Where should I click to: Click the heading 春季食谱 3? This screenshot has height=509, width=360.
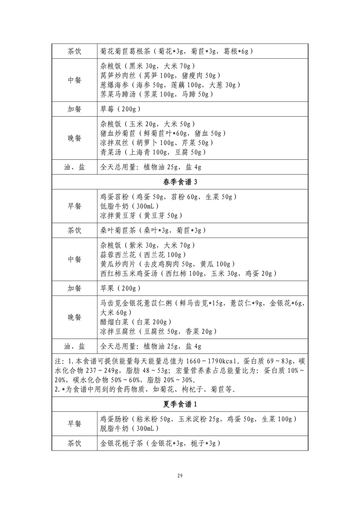coord(180,182)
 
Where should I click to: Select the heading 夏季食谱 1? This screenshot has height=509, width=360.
coord(180,404)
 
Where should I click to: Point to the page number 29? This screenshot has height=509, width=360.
coord(180,475)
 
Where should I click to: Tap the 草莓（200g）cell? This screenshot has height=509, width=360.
coord(120,109)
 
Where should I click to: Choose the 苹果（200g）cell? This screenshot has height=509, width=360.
coord(120,288)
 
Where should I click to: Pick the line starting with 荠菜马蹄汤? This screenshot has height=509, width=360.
coord(156,94)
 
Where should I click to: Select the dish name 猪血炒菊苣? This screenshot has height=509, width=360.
coord(118,133)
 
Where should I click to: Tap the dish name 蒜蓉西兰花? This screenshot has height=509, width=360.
coord(118,254)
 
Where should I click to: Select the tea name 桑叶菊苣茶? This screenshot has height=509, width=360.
coord(118,230)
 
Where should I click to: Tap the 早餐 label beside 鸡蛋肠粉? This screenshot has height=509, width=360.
coord(74,423)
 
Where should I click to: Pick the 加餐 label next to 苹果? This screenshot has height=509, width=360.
coord(74,288)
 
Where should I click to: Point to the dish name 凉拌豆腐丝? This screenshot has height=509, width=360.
coord(118,331)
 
